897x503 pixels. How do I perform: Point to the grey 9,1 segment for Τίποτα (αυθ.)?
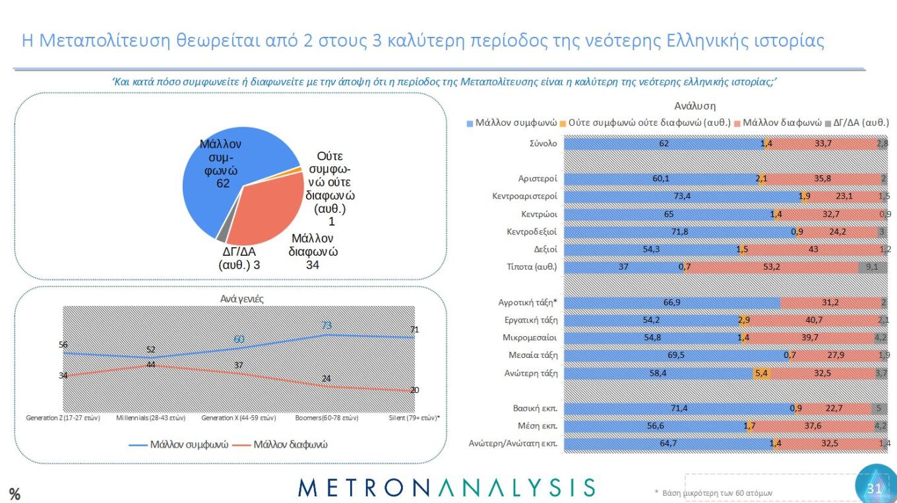point(872,268)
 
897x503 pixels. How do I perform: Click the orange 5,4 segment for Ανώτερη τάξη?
point(760,373)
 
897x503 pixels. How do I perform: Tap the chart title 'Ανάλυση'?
point(695,105)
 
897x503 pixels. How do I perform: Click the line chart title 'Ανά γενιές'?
point(242,299)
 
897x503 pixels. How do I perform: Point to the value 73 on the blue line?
point(326,326)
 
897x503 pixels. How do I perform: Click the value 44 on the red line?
point(150,365)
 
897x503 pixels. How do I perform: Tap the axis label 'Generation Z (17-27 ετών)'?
point(63,418)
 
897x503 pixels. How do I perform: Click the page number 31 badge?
point(875,488)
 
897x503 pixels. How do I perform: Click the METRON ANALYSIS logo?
point(447,488)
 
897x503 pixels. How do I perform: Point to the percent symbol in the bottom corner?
point(15,494)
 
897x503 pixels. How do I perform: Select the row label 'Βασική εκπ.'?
point(535,408)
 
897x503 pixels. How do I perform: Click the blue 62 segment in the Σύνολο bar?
point(664,143)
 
